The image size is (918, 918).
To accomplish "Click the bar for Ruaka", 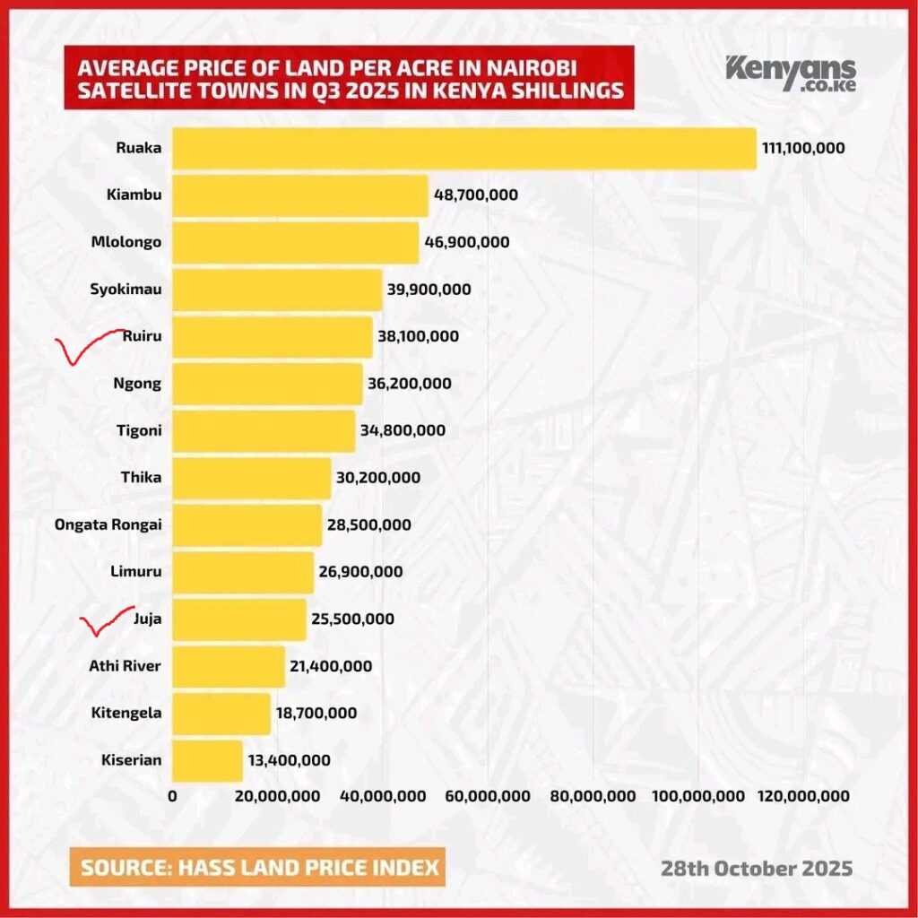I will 463,148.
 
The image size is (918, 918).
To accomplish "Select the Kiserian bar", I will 207,760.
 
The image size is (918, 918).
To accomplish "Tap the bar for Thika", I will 251,478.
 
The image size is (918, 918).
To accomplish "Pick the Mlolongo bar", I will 295,242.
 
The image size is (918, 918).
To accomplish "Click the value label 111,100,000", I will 803,148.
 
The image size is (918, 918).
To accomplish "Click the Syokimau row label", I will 126,289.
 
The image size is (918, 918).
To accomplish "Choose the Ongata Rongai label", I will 108,524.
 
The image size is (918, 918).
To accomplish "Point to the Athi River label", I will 126,666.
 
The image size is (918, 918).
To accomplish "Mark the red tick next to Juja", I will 106,620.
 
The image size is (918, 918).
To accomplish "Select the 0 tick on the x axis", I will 172,796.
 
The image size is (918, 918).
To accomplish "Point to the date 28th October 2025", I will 757,869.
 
